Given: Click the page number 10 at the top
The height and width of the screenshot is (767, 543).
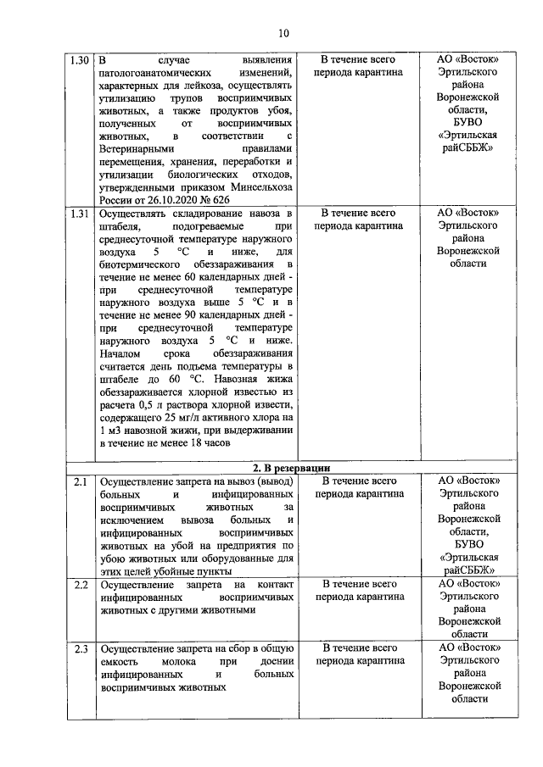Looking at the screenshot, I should pos(283,33).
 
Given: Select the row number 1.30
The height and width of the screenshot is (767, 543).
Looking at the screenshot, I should pos(79,60).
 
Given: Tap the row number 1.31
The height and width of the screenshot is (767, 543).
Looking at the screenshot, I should pos(79,214).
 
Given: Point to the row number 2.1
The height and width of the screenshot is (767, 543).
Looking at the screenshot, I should pos(79,482).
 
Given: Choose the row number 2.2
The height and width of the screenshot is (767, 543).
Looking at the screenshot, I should pos(79,585).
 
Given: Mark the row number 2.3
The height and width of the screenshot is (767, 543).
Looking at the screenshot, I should pos(79,650).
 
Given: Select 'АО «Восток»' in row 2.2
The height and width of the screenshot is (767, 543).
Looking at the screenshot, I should pos(468,584).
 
